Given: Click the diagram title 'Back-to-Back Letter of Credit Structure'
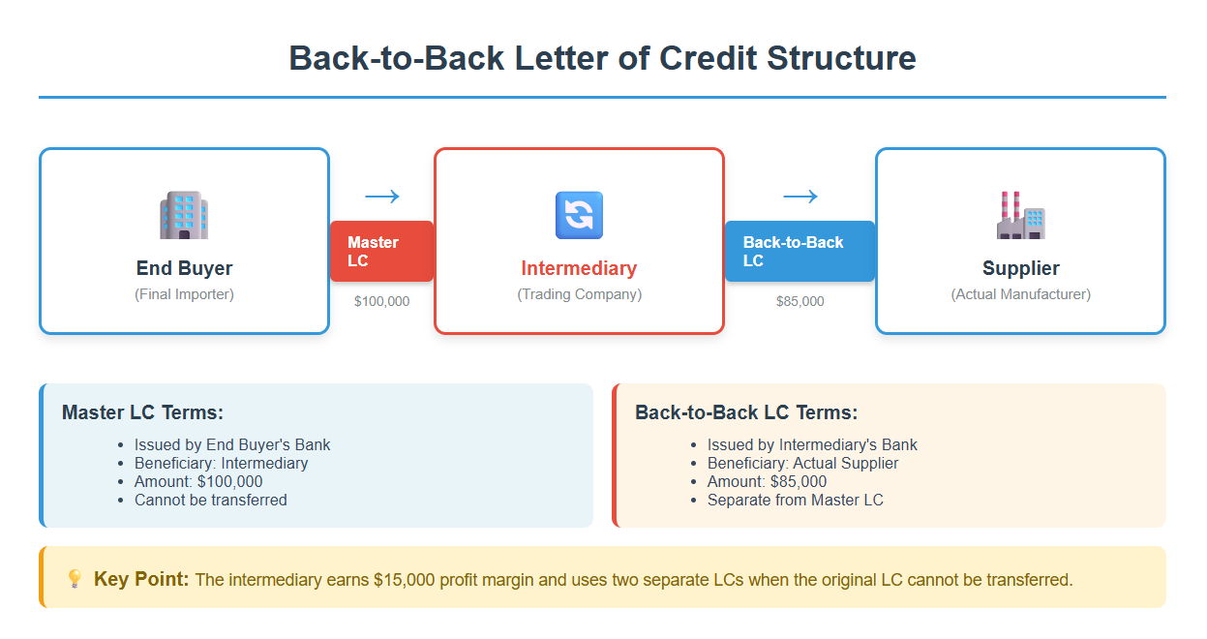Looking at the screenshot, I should [x=602, y=58].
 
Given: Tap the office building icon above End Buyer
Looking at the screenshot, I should [x=184, y=215].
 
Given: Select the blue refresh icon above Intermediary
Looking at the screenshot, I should [x=579, y=215].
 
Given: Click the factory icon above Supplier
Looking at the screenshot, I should [x=1020, y=215].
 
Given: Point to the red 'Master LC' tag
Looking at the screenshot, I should [x=381, y=252].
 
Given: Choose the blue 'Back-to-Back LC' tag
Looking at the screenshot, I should [x=800, y=252].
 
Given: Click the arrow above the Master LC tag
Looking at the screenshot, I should [x=381, y=197].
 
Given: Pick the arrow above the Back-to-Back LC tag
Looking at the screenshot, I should [x=800, y=197].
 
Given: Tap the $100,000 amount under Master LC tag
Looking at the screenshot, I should [x=381, y=301].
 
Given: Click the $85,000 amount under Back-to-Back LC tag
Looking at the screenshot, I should [x=800, y=301].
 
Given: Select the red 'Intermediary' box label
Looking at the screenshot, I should [x=579, y=268].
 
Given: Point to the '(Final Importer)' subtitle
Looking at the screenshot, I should [x=184, y=294].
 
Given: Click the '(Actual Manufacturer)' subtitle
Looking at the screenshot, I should [x=1020, y=294].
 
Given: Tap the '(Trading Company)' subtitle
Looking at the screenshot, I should [x=579, y=294].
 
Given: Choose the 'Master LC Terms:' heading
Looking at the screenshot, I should [x=142, y=412].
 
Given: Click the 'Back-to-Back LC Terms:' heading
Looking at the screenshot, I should [x=745, y=412].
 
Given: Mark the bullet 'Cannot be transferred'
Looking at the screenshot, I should [x=210, y=501].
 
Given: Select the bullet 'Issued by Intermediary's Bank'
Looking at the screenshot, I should [x=812, y=445].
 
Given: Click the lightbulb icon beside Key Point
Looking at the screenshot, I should [x=75, y=579].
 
